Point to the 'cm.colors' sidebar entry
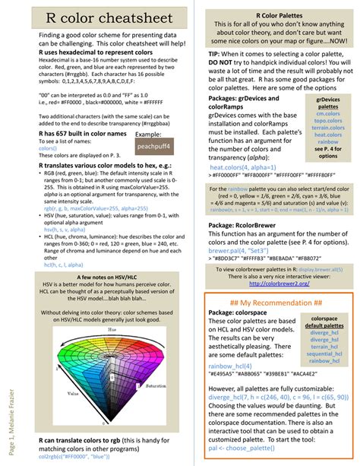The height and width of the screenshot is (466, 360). tap(328, 116)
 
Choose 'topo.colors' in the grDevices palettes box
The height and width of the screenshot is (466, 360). tap(328, 124)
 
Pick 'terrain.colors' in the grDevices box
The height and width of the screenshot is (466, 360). tap(328, 132)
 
